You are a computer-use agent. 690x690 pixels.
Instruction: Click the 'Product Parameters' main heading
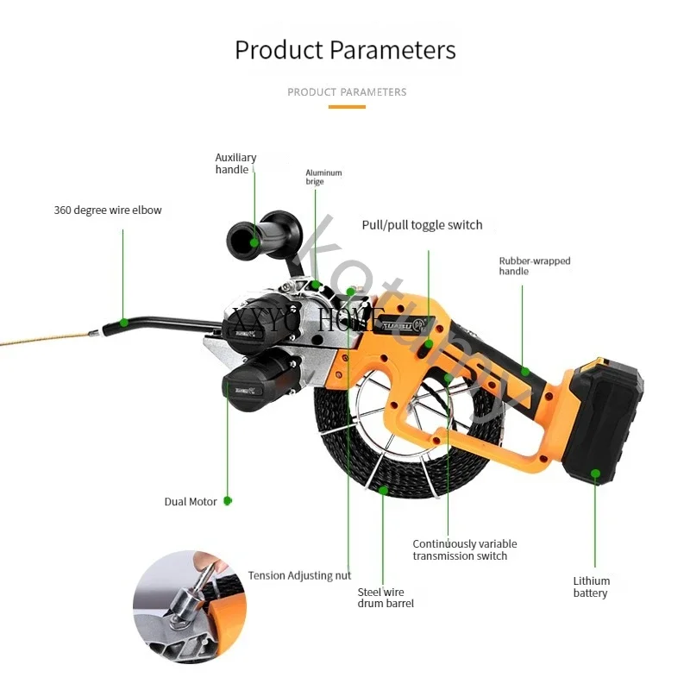[x=345, y=49]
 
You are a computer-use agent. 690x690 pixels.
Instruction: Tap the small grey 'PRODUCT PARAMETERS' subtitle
[x=347, y=92]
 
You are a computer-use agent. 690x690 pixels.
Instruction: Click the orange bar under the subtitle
[x=347, y=107]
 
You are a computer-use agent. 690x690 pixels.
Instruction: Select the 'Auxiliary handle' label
[x=235, y=164]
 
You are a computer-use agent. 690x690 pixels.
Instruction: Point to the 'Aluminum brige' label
[x=323, y=178]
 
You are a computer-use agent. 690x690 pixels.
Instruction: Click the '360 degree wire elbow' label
[x=107, y=210]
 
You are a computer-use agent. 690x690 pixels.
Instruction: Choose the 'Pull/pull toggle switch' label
[x=422, y=225]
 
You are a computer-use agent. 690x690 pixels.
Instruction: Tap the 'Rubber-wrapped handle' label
[x=534, y=266]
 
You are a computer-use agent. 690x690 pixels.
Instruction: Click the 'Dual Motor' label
[x=191, y=502]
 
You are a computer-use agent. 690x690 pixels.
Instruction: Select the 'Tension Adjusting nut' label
[x=299, y=575]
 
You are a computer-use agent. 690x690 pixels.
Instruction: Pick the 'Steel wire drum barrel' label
[x=386, y=598]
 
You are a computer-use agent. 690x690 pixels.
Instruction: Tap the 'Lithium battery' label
[x=591, y=586]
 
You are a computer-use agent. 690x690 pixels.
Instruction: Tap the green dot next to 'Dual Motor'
[x=227, y=500]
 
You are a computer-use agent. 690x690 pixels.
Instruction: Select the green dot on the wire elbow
[x=122, y=323]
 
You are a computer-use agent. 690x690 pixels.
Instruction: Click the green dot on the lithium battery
[x=594, y=473]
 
